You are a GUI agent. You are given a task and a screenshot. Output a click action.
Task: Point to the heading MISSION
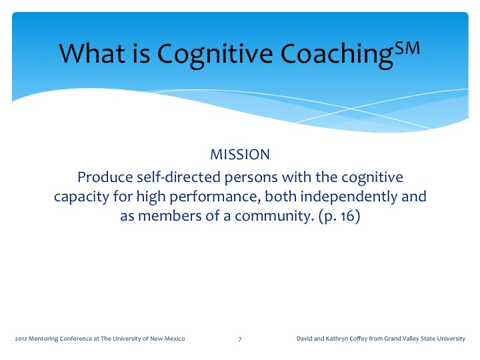coord(240,155)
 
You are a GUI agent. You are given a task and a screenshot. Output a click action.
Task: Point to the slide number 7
coord(240,340)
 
